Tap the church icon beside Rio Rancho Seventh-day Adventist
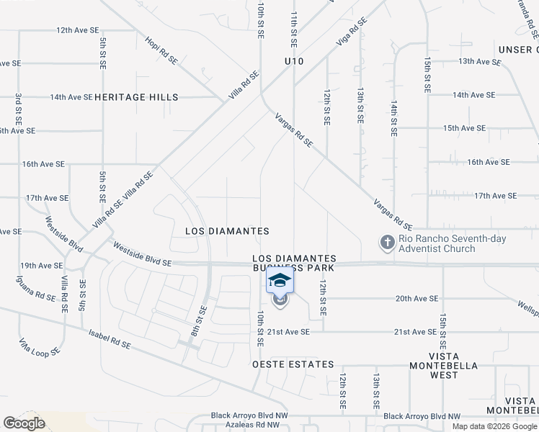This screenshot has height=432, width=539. click(388, 243)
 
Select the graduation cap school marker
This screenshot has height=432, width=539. click(280, 280)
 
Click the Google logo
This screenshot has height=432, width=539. click(24, 423)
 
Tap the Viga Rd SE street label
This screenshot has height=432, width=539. click(352, 32)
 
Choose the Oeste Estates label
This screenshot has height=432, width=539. click(293, 364)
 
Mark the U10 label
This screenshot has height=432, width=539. click(294, 62)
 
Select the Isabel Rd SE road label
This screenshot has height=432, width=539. click(110, 341)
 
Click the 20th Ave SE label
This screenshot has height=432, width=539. click(416, 299)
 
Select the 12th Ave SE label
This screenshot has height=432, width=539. click(77, 30)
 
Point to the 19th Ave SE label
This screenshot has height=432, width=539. click(41, 266)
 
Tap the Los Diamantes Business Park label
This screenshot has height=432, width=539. click(294, 263)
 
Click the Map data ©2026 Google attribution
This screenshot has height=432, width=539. click(493, 426)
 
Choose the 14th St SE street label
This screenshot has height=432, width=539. click(394, 117)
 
